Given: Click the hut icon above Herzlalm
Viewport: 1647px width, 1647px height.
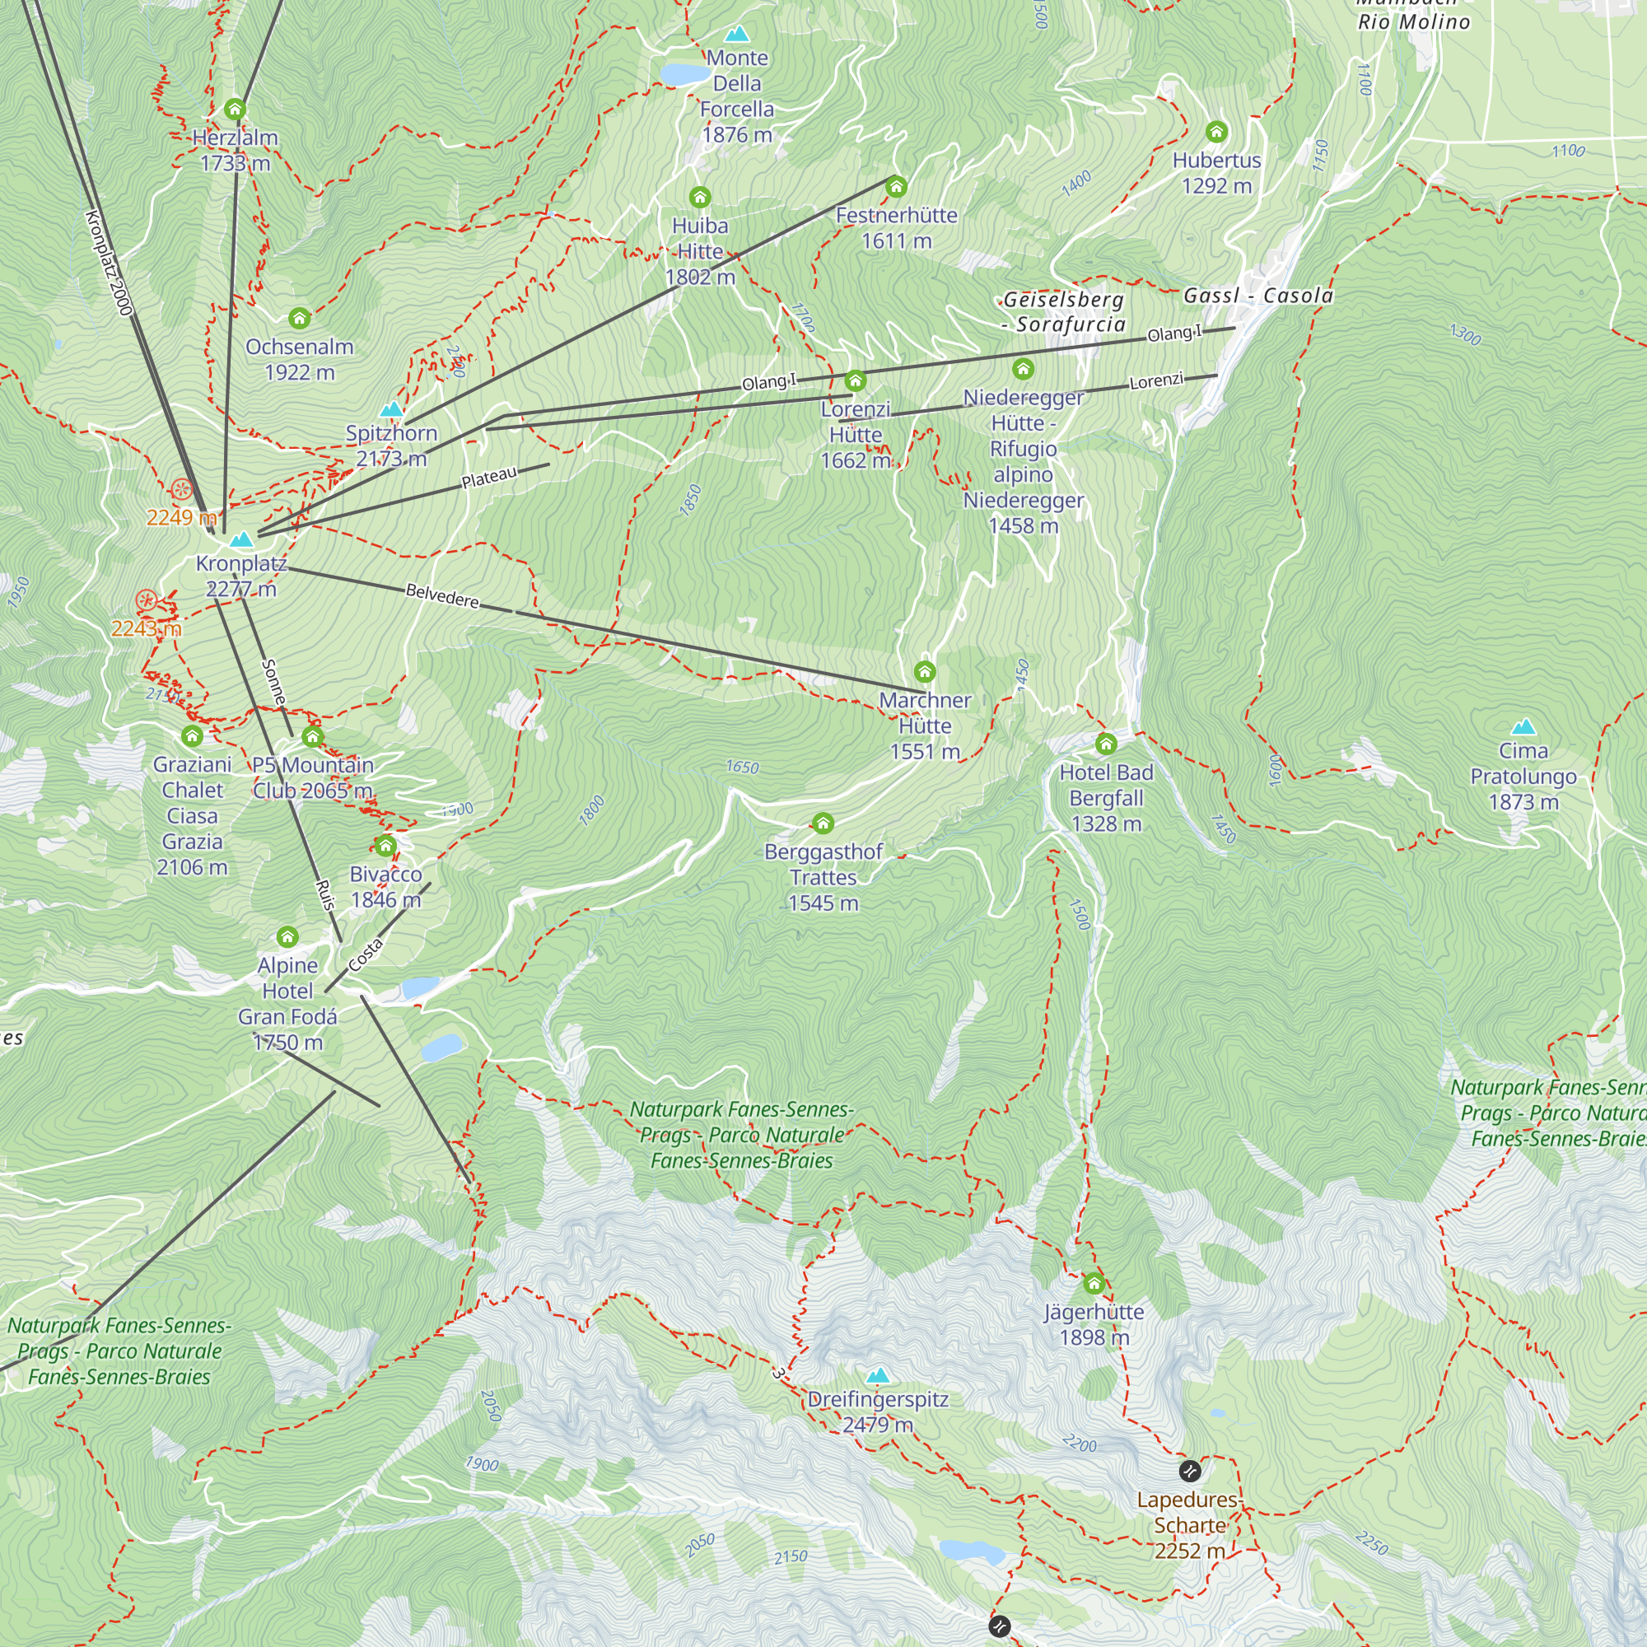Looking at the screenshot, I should pyautogui.click(x=236, y=110).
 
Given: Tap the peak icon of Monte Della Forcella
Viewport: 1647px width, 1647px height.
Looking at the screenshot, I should pyautogui.click(x=736, y=34).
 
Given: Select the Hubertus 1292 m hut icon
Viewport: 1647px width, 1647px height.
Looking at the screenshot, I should pyautogui.click(x=1216, y=131).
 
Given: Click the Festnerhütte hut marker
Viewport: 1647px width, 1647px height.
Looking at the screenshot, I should pyautogui.click(x=896, y=186).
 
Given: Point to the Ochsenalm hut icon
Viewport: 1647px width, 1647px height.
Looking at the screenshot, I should pyautogui.click(x=299, y=318).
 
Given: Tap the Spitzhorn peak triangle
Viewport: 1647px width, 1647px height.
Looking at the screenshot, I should pyautogui.click(x=391, y=409).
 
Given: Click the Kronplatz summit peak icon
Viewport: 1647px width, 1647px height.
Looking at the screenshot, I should pyautogui.click(x=242, y=539).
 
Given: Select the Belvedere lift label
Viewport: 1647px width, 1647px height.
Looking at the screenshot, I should pyautogui.click(x=442, y=596).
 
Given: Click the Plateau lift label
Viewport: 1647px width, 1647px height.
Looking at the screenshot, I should pyautogui.click(x=489, y=478).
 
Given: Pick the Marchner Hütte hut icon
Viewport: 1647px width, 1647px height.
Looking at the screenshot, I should pyautogui.click(x=925, y=672).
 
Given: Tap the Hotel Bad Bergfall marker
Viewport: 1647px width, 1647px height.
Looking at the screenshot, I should pyautogui.click(x=1107, y=744).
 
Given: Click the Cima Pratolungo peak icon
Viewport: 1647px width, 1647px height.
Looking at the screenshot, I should pyautogui.click(x=1523, y=726).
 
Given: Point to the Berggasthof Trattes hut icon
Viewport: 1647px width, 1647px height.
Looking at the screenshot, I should pyautogui.click(x=823, y=823).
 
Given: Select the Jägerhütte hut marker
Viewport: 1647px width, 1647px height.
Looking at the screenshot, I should pyautogui.click(x=1094, y=1283).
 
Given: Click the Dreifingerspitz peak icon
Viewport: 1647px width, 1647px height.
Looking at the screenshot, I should pyautogui.click(x=878, y=1375).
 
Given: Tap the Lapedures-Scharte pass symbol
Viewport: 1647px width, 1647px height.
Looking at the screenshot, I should pyautogui.click(x=1190, y=1471).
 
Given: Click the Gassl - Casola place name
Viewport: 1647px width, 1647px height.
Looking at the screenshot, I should pyautogui.click(x=1258, y=296).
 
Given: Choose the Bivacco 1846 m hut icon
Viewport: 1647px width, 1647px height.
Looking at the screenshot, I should pyautogui.click(x=385, y=846).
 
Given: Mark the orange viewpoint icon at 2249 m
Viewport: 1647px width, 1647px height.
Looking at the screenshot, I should pyautogui.click(x=180, y=489).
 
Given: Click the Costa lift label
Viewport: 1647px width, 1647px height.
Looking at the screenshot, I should pyautogui.click(x=366, y=954).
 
